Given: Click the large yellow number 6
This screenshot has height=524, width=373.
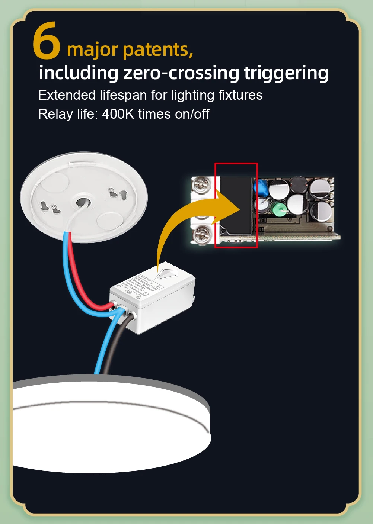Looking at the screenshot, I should tap(47, 41).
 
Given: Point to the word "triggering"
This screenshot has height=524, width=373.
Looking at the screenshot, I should tap(286, 73).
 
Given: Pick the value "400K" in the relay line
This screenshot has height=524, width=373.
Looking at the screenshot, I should tap(118, 114).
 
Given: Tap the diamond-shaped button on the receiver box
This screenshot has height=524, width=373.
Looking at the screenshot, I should tap(166, 274).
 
